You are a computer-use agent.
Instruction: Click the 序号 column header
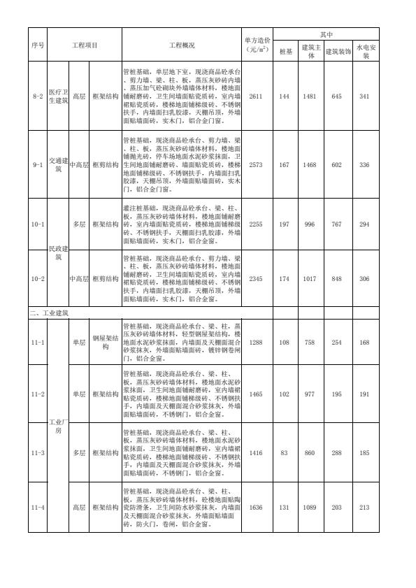coord(38,45)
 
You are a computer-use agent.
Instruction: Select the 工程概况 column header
coord(182,45)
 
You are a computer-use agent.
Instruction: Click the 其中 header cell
coord(327,34)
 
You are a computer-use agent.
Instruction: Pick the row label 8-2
coord(38,96)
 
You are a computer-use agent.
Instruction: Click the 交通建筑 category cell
coord(58,164)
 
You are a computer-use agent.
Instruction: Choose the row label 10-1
coord(38,224)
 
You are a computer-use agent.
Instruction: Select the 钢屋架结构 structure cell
coord(106,343)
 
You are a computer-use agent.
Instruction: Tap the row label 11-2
coord(38,394)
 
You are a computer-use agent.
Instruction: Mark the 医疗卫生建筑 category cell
coord(58,96)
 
